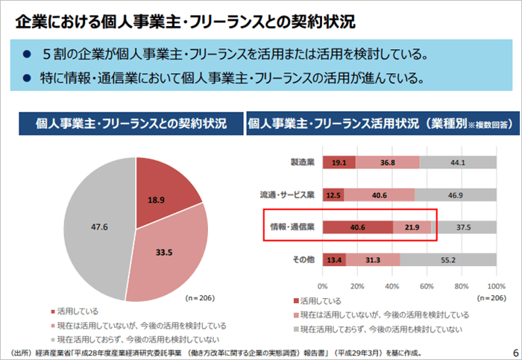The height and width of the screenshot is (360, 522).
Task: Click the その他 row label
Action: [x=304, y=259]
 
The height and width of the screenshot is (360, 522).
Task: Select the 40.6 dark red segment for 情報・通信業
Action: [x=357, y=227]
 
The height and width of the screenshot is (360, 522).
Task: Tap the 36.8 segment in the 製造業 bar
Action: [x=388, y=162]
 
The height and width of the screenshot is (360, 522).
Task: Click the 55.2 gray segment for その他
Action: [x=449, y=259]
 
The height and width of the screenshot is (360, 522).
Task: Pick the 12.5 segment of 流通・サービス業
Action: [x=333, y=195]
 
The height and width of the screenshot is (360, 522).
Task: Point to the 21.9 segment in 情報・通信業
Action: [x=412, y=227]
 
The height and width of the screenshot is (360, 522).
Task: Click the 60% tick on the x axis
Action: [x=427, y=285]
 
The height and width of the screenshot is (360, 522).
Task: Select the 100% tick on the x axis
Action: [x=496, y=285]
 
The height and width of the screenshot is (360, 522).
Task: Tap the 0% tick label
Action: [x=323, y=285]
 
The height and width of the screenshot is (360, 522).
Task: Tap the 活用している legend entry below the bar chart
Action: [x=321, y=301]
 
